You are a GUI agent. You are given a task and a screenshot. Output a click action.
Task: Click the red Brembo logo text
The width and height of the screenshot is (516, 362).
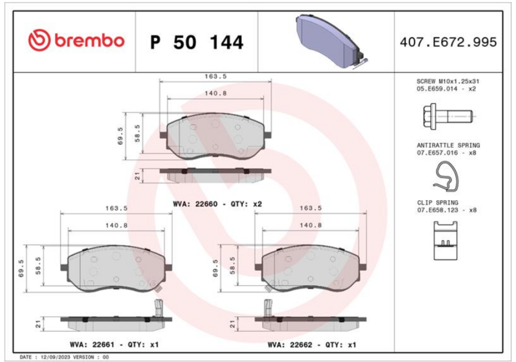pos(90,41)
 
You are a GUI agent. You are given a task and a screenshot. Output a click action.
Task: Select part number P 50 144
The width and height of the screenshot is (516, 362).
pos(197,43)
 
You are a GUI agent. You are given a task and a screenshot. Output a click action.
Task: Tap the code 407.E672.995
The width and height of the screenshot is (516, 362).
pos(448,42)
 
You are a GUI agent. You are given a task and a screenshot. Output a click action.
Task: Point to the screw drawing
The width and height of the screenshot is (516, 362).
pos(448,116)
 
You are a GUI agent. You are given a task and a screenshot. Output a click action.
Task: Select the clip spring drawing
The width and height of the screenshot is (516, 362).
pos(446,241)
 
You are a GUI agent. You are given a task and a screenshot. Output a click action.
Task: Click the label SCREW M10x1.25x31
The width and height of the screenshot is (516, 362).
pos(448,81)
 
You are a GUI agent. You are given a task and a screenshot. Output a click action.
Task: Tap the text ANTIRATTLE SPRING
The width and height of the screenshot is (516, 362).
pos(448,145)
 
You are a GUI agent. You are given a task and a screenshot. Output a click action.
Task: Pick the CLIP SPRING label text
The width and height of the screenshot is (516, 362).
pos(437,203)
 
